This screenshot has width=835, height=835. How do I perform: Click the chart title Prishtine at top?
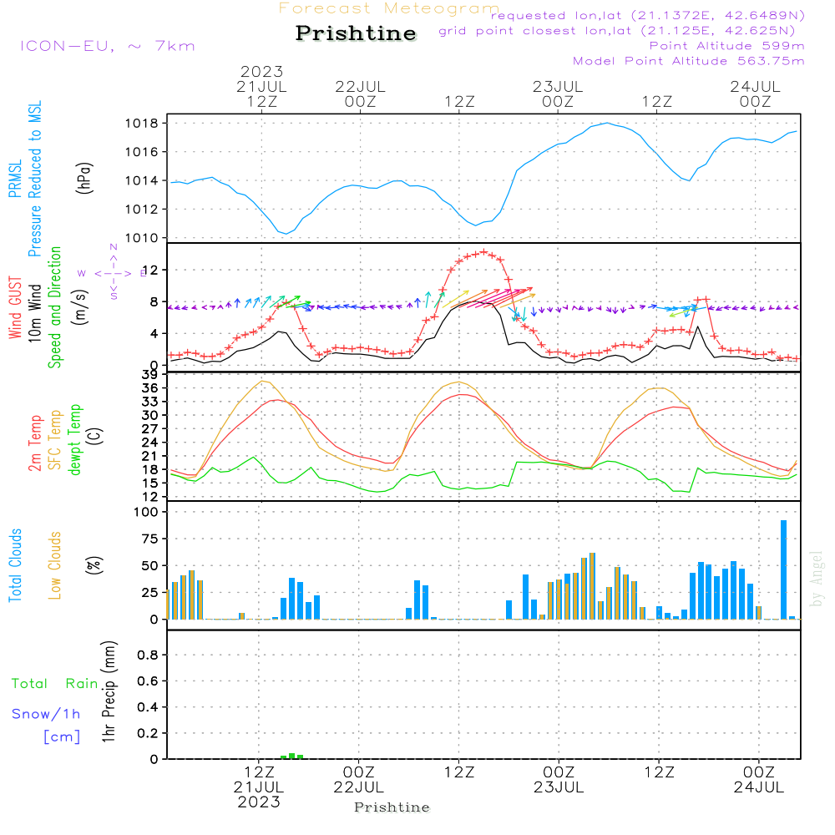pyautogui.click(x=356, y=33)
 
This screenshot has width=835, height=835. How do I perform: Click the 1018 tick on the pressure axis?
pyautogui.click(x=144, y=123)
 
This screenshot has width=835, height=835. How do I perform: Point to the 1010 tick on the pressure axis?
pyautogui.click(x=144, y=238)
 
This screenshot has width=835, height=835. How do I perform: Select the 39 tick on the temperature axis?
pyautogui.click(x=152, y=374)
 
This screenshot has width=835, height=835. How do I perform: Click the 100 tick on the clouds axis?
pyautogui.click(x=147, y=512)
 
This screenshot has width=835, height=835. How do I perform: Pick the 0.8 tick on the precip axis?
pyautogui.click(x=149, y=655)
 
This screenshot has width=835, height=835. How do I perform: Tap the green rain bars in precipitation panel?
pyautogui.click(x=291, y=756)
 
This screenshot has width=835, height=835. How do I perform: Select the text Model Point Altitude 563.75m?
pyautogui.click(x=688, y=61)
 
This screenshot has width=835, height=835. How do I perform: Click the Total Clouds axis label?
pyautogui.click(x=16, y=565)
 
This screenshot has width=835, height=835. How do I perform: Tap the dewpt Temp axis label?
pyautogui.click(x=75, y=440)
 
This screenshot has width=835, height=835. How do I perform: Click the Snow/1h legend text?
pyautogui.click(x=47, y=714)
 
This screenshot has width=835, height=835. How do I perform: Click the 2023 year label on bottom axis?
pyautogui.click(x=259, y=802)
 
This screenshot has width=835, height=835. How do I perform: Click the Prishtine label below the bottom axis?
pyautogui.click(x=392, y=807)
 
